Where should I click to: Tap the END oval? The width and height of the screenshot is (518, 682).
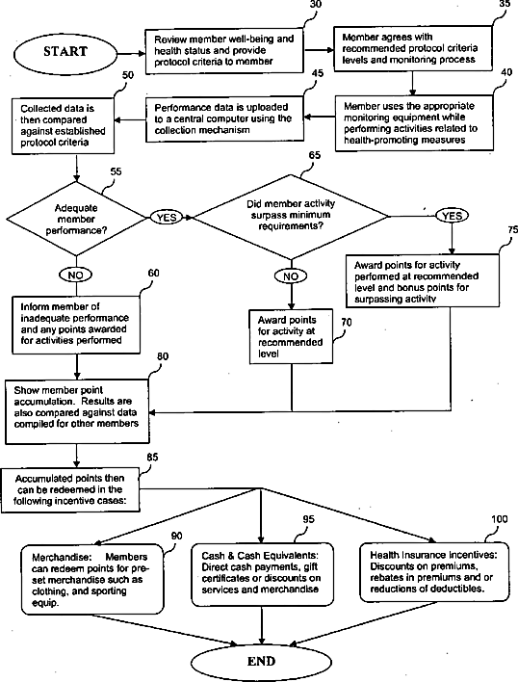261,662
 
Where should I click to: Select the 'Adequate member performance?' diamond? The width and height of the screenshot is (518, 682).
76,219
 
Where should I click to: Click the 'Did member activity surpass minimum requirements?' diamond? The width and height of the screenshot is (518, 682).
291,216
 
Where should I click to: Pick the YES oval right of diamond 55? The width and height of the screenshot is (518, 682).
166,217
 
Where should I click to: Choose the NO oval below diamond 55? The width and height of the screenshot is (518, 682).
76,275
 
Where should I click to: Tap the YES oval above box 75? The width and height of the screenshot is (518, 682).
452,216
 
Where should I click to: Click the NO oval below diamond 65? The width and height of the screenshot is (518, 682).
291,276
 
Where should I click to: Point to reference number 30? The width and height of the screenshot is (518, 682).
316,5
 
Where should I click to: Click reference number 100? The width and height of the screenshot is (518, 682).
500,519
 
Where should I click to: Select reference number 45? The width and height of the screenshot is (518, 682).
318,73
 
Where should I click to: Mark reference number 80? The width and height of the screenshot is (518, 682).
163,356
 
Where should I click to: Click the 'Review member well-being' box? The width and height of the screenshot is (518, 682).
224,50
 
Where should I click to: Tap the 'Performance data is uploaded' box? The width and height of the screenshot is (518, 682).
224,118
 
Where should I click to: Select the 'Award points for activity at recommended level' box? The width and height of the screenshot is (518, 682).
291,336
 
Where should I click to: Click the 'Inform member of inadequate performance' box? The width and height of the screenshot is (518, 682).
76,325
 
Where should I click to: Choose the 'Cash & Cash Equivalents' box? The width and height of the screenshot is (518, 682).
263,574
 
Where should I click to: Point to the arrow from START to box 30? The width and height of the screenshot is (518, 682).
132,54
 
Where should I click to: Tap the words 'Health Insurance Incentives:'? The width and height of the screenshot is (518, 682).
433,555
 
